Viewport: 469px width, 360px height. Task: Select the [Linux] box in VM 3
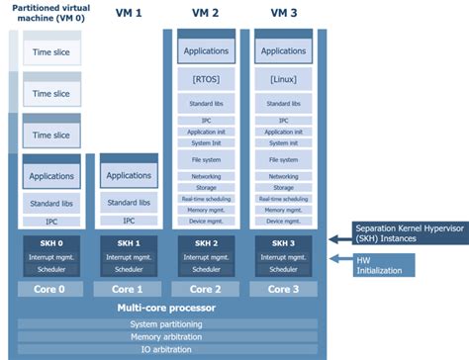pos(283,76)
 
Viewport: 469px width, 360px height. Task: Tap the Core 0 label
pos(47,289)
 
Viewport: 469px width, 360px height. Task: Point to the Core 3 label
pos(283,289)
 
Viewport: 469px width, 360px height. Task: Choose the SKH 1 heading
pos(128,243)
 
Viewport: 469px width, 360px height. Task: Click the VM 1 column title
pos(129,13)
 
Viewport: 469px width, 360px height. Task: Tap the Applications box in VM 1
pos(128,175)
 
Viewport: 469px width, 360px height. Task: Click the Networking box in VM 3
pos(283,176)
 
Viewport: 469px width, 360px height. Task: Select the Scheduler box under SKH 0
pos(47,268)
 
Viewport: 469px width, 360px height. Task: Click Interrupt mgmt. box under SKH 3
pos(283,256)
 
